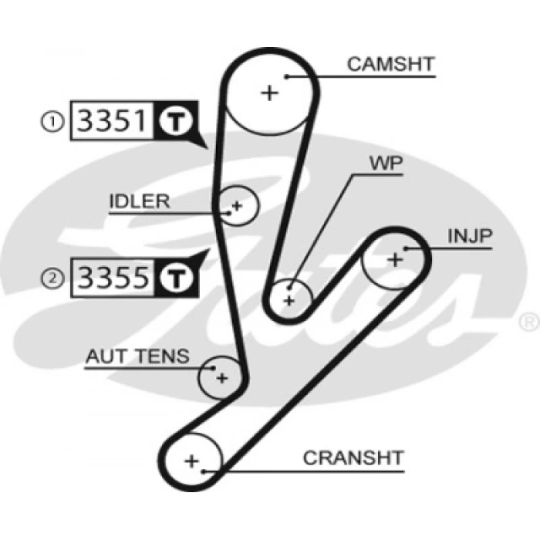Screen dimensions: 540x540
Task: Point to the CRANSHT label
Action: coord(353,457)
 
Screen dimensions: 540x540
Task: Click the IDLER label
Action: coord(139,201)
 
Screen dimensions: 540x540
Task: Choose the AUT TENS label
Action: coord(137,356)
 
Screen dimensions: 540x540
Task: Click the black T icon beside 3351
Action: coord(174,122)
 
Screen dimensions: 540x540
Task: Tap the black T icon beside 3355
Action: coord(174,278)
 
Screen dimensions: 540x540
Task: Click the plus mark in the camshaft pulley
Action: coord(269,93)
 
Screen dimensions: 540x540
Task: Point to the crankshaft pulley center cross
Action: coord(191,461)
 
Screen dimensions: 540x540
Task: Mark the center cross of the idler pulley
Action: coord(237,206)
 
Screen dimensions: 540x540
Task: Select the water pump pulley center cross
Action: coord(289,299)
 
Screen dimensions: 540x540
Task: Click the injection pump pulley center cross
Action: coord(395,260)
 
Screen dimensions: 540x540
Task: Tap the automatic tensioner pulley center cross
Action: coord(221,378)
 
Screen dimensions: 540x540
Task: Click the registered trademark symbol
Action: coord(530,320)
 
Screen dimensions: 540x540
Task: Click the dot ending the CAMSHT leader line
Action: coord(286,76)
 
